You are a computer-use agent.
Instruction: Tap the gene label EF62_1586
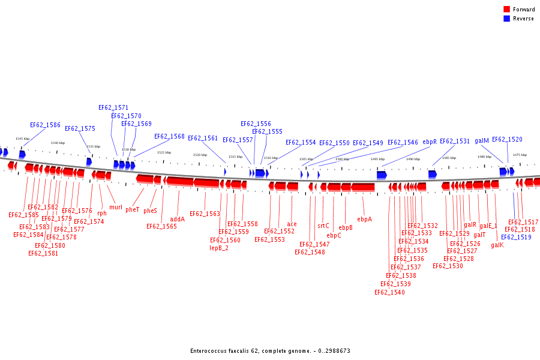coord(45,125)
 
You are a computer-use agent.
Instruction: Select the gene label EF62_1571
coord(113,108)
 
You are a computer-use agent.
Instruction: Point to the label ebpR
coord(430,142)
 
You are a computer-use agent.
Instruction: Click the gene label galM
coord(482,140)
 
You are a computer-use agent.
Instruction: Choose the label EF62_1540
coord(389,293)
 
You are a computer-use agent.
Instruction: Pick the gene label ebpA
coord(364,220)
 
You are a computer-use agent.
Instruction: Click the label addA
coord(178,220)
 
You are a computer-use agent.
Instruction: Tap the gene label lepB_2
coord(219,248)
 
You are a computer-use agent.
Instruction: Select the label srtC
coord(323,226)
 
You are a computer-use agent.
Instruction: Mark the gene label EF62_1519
coord(516,237)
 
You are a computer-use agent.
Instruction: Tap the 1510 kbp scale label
coord(271,158)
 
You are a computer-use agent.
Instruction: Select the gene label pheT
coord(133,210)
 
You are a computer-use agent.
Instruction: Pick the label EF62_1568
coord(169,137)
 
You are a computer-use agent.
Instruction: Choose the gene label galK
coord(497,245)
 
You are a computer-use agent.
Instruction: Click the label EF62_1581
coord(43,253)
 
